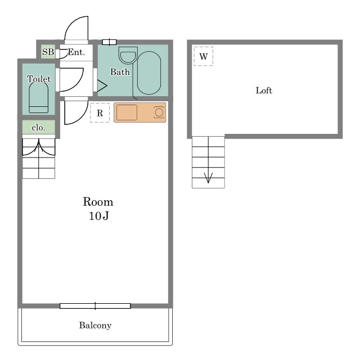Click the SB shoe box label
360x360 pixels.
click(x=48, y=52)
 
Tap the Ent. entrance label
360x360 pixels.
click(x=76, y=52)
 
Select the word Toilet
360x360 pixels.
click(x=39, y=79)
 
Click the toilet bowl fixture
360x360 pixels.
click(x=39, y=97)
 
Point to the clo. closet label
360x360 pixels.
click(x=38, y=128)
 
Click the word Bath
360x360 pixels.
click(x=120, y=72)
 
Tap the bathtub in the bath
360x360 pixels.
click(x=148, y=73)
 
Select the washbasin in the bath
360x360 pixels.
click(x=128, y=55)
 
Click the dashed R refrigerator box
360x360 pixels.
click(x=100, y=112)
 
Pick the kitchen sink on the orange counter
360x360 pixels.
click(x=127, y=112)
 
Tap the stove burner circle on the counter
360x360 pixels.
click(x=159, y=112)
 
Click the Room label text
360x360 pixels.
click(x=98, y=202)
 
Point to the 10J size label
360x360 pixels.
click(x=99, y=216)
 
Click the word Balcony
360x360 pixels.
click(x=95, y=325)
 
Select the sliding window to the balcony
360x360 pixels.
click(x=95, y=306)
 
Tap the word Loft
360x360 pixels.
click(x=264, y=91)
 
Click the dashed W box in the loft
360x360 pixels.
click(x=204, y=56)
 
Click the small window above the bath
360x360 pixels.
click(x=109, y=42)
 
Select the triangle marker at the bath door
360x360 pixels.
click(x=102, y=86)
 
